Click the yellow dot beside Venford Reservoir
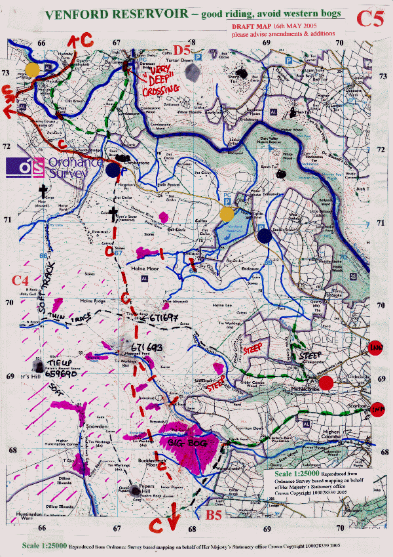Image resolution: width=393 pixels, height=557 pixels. pos(226,215)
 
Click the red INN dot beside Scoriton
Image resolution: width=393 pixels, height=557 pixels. pos(377,409)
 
